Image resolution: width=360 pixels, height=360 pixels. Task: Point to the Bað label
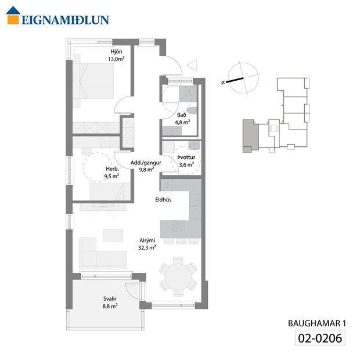pyautogui.click(x=182, y=114)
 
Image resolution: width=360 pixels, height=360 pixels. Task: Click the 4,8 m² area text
pyautogui.click(x=182, y=123)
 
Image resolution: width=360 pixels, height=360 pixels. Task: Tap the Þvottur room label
pyautogui.click(x=187, y=157)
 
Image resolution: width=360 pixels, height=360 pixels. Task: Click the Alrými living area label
pyautogui.click(x=147, y=239)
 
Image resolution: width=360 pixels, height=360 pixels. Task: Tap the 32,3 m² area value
pyautogui.click(x=147, y=247)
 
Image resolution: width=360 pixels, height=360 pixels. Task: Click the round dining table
pyautogui.click(x=177, y=277)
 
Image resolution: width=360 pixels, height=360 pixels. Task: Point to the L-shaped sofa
pyautogui.click(x=102, y=253)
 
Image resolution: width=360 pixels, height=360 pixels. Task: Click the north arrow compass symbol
pyautogui.click(x=240, y=78)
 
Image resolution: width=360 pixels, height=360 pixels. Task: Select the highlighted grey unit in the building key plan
pyautogui.click(x=249, y=135)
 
